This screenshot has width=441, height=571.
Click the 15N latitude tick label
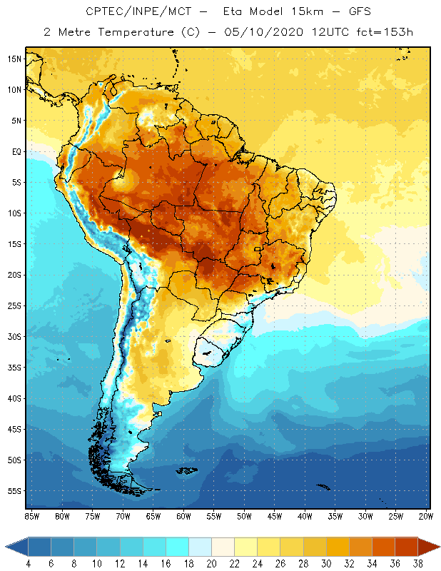click(x=14, y=59)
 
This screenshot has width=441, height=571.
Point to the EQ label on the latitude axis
click(x=15, y=151)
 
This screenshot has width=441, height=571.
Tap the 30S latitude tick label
click(x=14, y=336)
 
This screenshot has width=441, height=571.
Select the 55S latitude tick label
click(x=14, y=491)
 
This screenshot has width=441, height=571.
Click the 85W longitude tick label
click(x=31, y=516)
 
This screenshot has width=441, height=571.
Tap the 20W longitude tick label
click(x=426, y=516)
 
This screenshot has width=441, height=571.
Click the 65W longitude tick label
click(x=153, y=516)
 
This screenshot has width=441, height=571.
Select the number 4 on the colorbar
click(x=27, y=563)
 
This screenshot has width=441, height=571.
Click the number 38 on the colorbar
click(x=417, y=563)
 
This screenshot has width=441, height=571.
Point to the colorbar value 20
click(x=211, y=563)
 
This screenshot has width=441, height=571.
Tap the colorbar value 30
click(x=326, y=563)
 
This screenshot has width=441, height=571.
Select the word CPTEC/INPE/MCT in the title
click(x=129, y=12)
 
